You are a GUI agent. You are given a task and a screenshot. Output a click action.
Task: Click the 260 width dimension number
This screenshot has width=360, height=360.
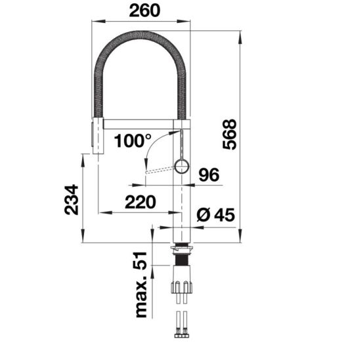(x=145, y=11)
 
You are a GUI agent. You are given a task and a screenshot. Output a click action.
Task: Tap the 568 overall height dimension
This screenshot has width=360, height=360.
(x=229, y=134)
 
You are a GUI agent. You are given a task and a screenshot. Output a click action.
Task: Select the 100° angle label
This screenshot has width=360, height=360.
(x=133, y=141)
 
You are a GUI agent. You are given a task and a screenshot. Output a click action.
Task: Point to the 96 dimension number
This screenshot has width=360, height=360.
(x=209, y=175)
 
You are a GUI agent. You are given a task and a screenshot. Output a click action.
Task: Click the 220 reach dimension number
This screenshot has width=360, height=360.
(x=141, y=202)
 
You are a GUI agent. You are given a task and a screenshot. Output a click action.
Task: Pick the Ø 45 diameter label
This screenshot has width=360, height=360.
(x=216, y=215)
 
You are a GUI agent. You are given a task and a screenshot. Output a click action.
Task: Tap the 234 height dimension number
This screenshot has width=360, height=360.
(x=71, y=200)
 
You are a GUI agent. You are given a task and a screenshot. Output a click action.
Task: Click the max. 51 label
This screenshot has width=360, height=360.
(x=141, y=284)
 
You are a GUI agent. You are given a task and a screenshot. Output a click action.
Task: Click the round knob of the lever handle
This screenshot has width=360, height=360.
(x=182, y=166)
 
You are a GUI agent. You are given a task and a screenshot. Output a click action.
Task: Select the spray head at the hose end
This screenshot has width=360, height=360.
(x=98, y=136)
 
